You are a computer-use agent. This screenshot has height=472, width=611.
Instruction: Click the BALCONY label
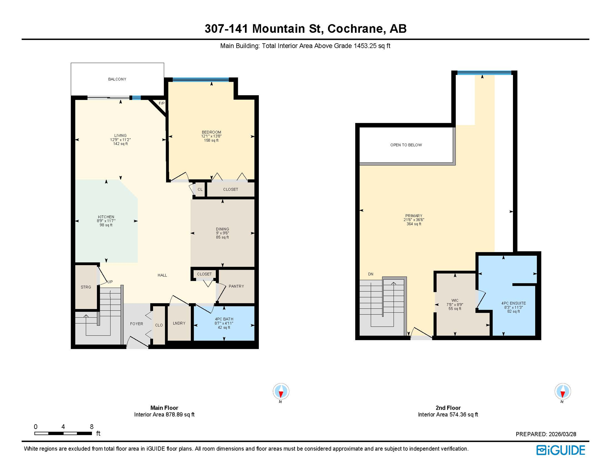[117, 79]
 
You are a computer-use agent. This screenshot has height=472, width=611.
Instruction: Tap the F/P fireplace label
[161, 103]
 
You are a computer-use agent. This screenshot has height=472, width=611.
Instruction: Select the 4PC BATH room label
[224, 319]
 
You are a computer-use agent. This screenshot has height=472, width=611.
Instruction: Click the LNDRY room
[179, 323]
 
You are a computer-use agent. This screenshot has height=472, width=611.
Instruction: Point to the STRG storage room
[86, 287]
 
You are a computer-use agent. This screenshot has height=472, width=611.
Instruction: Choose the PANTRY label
[236, 286]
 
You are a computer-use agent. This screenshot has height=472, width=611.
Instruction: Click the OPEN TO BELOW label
[406, 145]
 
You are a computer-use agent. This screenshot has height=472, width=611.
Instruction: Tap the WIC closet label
[455, 301]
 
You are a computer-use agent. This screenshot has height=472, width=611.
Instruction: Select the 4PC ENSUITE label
[513, 303]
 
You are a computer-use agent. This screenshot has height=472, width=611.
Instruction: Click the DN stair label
[371, 274]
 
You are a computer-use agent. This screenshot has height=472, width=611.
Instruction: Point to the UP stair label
[110, 282]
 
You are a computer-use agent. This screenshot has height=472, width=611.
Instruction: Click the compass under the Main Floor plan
[281, 392]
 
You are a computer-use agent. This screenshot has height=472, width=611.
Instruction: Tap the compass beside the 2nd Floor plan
[562, 392]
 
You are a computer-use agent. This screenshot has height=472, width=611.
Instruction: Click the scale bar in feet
[63, 433]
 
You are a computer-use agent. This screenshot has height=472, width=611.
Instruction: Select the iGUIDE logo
[561, 450]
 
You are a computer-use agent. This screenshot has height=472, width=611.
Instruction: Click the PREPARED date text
[546, 434]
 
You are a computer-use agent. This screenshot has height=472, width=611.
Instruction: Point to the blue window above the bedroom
[200, 80]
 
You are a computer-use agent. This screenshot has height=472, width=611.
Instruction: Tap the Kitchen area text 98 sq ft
[106, 225]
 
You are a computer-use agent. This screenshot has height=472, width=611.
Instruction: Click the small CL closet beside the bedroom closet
[200, 190]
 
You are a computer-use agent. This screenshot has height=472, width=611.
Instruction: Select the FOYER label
[136, 324]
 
